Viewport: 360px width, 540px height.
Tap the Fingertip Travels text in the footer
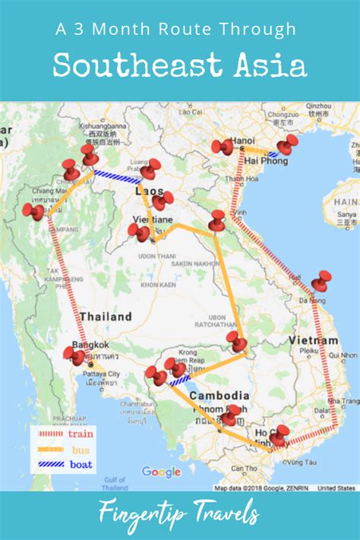179,515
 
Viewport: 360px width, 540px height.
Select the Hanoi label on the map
244,141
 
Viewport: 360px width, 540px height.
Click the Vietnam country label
313,340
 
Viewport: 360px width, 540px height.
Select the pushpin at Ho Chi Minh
279,436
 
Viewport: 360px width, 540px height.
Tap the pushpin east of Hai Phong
286,144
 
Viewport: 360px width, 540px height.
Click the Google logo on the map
161,472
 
